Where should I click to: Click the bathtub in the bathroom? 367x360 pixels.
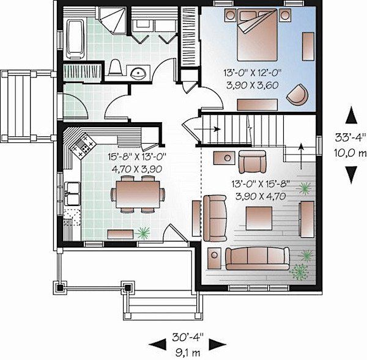point(75,39)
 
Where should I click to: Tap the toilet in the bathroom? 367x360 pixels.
point(115,67)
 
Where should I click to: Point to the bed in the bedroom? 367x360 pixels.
point(257,35)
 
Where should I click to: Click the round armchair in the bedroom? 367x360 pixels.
point(297,95)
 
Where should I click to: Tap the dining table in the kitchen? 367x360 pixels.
point(138,194)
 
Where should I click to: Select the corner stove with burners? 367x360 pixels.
point(83,145)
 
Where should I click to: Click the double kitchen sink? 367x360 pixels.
point(72,194)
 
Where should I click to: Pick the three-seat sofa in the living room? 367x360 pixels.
point(258,259)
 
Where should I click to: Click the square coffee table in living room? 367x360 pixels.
point(259,218)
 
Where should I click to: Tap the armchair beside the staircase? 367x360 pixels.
point(252,161)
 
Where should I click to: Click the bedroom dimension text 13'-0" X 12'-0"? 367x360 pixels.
point(252,73)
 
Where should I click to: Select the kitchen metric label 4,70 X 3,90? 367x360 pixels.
point(137,169)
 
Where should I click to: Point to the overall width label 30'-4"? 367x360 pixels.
point(188,337)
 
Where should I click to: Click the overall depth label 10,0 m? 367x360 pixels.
point(350,153)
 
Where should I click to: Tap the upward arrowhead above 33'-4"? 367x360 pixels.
point(351,115)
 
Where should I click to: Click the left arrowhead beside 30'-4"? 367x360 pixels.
point(157,345)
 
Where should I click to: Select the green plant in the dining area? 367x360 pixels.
point(143,233)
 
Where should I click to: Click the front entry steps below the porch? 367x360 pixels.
point(163,304)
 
